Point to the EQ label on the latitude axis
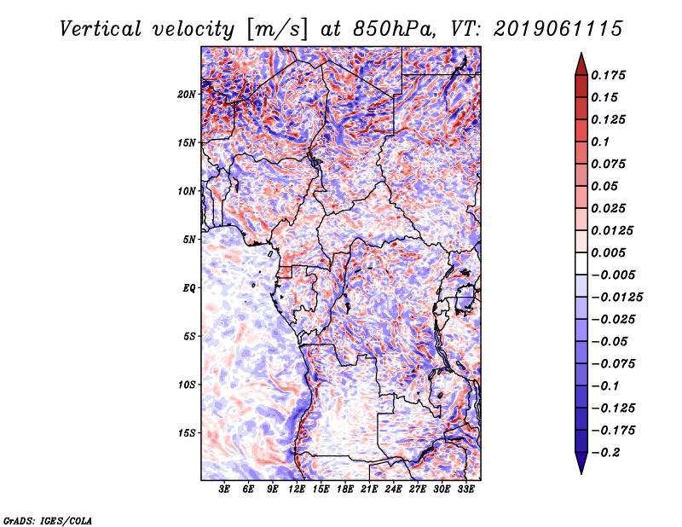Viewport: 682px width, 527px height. tap(190, 287)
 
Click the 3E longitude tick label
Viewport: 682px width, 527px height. tap(225, 490)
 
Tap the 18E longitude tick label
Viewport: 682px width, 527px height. tap(344, 490)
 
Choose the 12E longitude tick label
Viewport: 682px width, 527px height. tap(297, 490)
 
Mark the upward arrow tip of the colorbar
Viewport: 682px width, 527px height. tap(581, 55)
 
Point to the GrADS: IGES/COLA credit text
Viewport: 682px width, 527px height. tap(48, 519)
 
